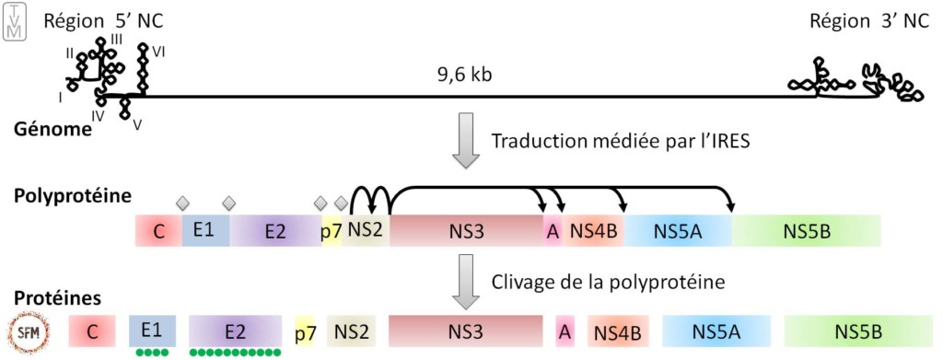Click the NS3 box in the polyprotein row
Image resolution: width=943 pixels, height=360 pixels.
466,230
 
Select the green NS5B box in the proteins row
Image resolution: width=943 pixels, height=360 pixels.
855,331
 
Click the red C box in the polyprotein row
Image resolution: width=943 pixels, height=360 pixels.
159,231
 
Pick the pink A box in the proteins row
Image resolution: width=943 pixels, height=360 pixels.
564,331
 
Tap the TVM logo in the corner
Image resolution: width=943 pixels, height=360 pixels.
11,21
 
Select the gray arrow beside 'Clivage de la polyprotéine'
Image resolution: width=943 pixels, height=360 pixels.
466,281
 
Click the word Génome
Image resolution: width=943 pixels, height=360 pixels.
52,128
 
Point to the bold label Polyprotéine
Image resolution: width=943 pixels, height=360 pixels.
66,196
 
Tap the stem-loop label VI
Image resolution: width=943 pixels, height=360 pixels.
158,52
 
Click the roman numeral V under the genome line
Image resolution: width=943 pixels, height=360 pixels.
137,125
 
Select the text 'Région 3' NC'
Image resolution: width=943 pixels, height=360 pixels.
871,21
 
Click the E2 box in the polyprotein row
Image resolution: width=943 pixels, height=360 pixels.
274,231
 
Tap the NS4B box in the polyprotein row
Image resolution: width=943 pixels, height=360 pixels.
594,230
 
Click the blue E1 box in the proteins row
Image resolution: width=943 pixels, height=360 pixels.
152,330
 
